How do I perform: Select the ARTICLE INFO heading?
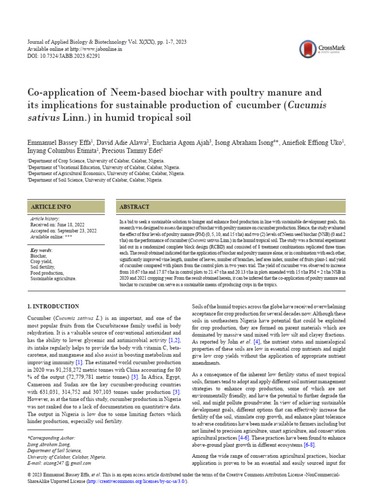point(51,207)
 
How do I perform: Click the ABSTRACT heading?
point(135,207)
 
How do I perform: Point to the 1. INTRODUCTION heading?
point(53,306)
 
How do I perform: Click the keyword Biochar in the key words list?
point(39,255)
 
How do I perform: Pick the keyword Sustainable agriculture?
point(53,279)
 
